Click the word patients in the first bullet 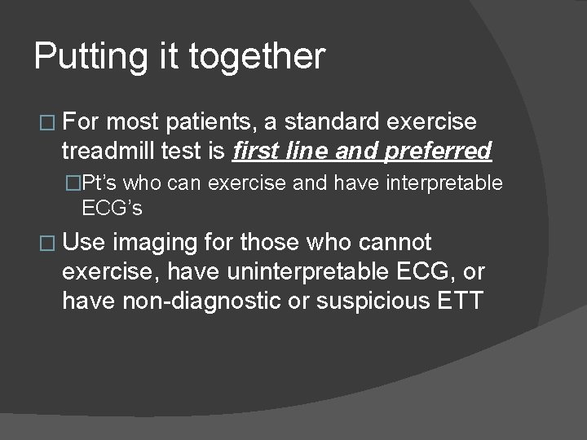point(214,123)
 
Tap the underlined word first point(257,151)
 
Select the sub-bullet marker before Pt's point(75,184)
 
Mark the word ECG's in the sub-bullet point(113,209)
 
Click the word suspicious point(372,301)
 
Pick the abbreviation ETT point(460,301)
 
